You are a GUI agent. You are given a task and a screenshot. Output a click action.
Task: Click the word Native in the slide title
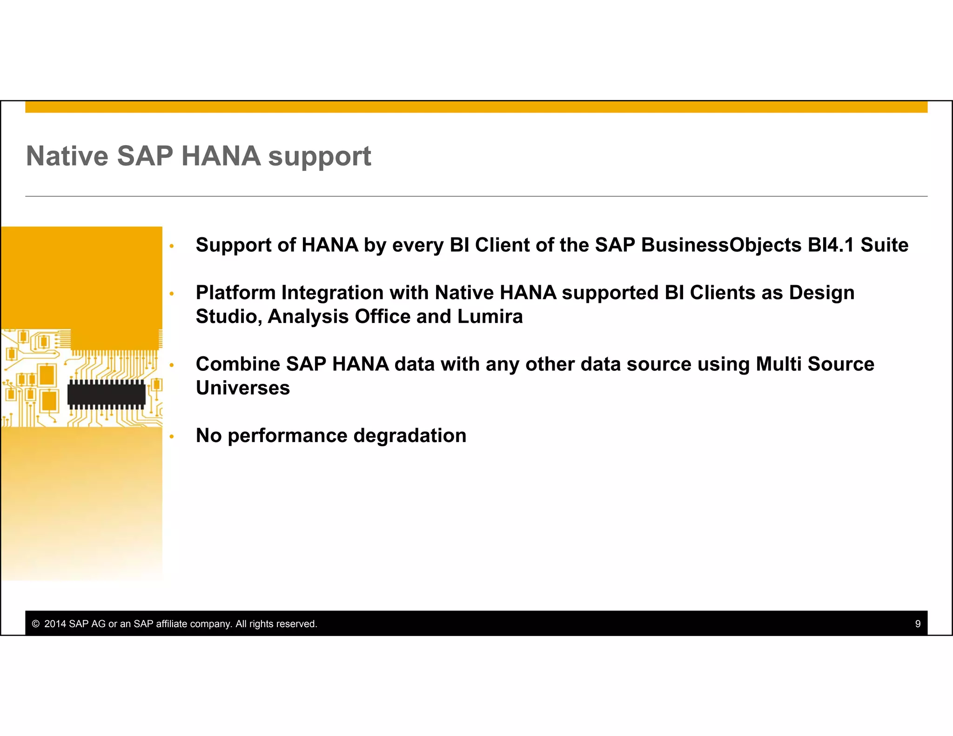[x=67, y=156]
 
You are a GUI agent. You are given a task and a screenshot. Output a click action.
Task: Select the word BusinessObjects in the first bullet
[x=721, y=245]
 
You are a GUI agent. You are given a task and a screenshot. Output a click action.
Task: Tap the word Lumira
[x=490, y=316]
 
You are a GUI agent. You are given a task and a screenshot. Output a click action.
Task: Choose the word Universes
[x=242, y=388]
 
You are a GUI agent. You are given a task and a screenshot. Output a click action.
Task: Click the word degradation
[x=409, y=436]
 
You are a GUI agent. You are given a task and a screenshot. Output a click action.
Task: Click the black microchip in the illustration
[x=107, y=395]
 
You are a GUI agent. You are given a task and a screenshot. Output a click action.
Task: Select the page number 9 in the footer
[x=918, y=624]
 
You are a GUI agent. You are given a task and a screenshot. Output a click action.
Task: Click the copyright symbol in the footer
[x=36, y=624]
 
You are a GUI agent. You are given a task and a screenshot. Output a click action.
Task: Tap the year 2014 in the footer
[x=55, y=624]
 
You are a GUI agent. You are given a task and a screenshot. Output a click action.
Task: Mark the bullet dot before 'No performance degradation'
[x=172, y=436]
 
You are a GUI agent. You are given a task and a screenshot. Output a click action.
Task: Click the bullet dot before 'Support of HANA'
[x=172, y=246]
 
